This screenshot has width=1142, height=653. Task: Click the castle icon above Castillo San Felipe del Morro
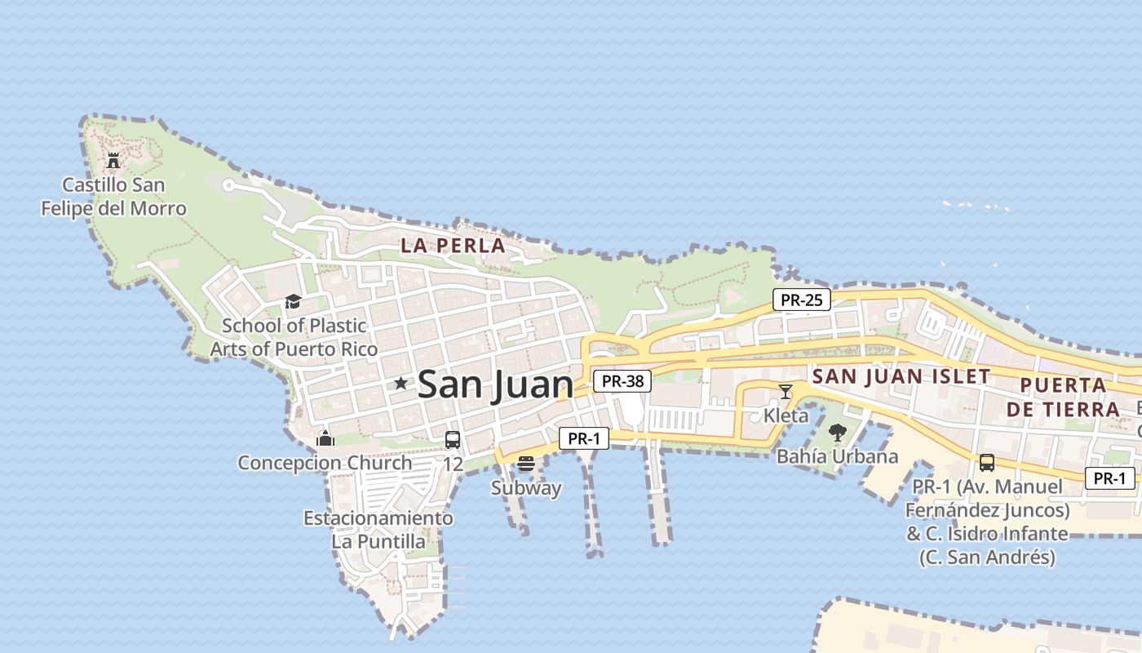tap(113, 160)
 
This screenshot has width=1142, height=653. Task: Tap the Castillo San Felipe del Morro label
tap(114, 197)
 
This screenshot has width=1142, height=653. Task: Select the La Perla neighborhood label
tap(453, 245)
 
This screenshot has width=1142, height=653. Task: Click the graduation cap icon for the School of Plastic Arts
tap(293, 302)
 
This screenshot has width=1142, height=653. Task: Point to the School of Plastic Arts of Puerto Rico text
tap(294, 337)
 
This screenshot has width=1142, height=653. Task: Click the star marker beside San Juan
tap(401, 383)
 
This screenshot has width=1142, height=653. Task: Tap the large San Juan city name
tap(495, 385)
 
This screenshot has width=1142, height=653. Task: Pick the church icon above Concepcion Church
tap(325, 439)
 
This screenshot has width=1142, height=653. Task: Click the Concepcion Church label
tap(325, 463)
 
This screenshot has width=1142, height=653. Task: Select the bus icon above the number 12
tap(453, 440)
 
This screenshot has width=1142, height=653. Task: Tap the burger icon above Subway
tap(526, 464)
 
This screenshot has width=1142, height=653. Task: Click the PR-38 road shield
tap(622, 380)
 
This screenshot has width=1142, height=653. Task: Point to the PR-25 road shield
tap(801, 300)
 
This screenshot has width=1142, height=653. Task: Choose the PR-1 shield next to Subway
tap(584, 438)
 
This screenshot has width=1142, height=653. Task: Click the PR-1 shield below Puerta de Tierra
tap(1109, 478)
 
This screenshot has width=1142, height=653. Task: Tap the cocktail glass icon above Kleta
tap(786, 392)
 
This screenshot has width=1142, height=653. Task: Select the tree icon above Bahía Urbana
tap(837, 433)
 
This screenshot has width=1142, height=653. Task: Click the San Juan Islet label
tap(901, 376)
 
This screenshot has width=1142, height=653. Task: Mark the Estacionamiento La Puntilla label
tap(378, 530)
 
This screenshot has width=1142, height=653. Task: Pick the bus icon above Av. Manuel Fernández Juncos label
tap(987, 463)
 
